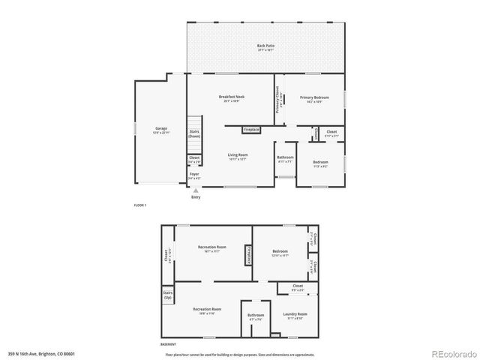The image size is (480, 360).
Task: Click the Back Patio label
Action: coord(265,46)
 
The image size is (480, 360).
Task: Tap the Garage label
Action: coord(160,129)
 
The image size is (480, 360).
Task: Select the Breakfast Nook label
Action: coord(229,97)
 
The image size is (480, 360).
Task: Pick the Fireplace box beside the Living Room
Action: coord(251,130)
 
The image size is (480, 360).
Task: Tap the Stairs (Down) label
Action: coord(194,133)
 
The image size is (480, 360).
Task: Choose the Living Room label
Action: coord(238,156)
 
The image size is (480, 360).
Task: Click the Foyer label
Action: coord(194,177)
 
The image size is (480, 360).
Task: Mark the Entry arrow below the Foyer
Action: coord(196,190)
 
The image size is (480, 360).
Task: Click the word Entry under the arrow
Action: coord(196,197)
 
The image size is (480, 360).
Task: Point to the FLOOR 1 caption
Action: coord(140,205)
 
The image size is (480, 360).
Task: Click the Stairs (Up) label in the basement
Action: coord(167,295)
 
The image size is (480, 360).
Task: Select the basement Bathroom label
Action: coord(256,316)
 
